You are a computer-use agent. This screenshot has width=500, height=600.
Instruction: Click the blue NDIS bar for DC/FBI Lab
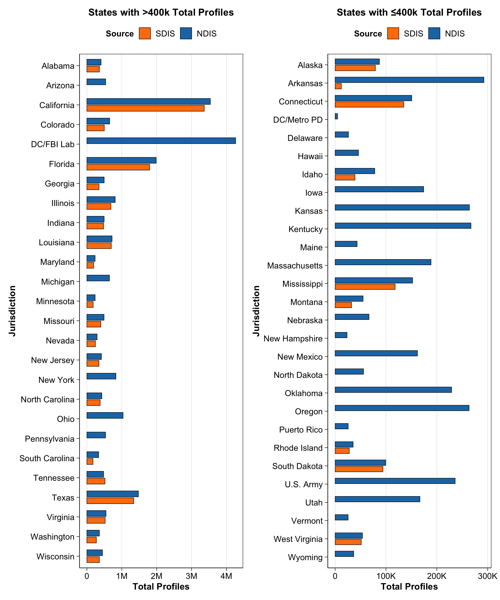161,141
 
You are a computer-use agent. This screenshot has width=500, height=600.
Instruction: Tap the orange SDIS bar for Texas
110,501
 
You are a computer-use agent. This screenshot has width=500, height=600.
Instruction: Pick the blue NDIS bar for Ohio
105,415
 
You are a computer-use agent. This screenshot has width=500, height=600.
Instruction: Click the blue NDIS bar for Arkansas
409,80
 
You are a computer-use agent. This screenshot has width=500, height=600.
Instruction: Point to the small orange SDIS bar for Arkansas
338,86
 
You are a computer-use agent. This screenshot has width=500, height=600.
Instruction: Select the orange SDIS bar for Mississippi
365,287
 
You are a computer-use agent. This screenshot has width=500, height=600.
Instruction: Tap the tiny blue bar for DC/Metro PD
336,116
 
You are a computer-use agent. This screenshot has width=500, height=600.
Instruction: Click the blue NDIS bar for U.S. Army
395,481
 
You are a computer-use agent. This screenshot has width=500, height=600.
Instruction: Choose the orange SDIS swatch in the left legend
145,33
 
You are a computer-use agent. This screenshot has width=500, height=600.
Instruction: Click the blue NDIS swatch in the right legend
434,33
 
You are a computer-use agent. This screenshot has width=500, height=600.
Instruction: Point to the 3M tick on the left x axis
191,576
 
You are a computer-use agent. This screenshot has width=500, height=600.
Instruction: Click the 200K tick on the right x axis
436,576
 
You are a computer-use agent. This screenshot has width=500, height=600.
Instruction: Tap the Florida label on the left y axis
62,164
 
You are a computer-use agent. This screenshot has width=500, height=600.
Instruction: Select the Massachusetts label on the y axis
295,266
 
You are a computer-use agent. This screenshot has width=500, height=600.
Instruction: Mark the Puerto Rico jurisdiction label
301,430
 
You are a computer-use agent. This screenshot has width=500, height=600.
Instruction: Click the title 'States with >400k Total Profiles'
161,12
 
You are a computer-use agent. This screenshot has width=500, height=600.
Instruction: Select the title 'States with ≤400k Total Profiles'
409,12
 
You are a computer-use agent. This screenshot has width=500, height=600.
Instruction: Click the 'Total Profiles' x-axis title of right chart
409,586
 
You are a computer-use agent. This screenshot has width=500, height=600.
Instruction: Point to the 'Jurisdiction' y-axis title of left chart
12,311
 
